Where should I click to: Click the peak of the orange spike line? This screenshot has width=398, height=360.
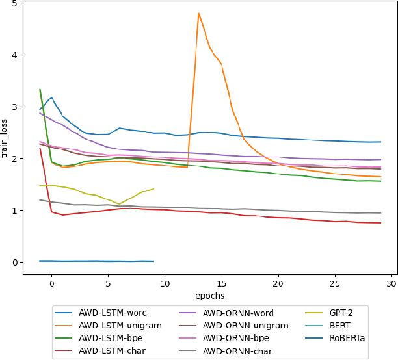pos(198,13)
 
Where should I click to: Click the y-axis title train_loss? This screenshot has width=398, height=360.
pos(5,138)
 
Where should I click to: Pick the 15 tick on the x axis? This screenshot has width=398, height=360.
pos(222,284)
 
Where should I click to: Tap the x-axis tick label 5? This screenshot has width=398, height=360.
pos(108,284)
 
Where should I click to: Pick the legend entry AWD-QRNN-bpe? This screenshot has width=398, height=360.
pos(232,338)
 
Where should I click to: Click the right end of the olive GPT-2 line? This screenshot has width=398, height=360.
pos(153,189)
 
